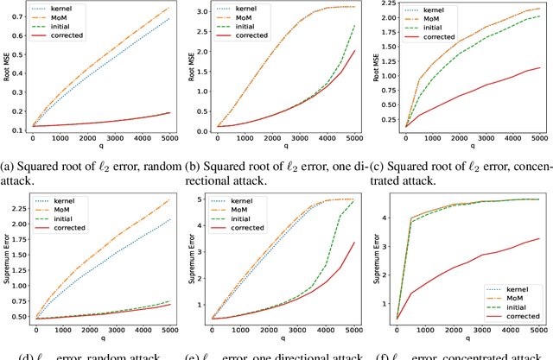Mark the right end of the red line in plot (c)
540,67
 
